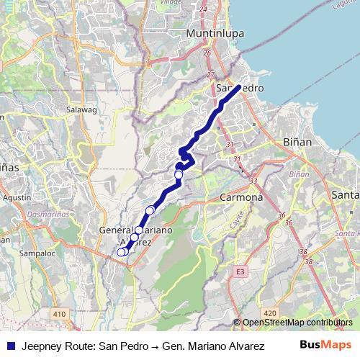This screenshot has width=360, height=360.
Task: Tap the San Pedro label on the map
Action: pyautogui.click(x=240, y=88)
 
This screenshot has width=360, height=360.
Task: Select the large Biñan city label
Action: pyautogui.click(x=298, y=142)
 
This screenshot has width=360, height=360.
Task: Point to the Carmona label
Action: pyautogui.click(x=240, y=196)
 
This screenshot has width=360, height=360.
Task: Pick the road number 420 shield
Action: pyautogui.click(x=270, y=313)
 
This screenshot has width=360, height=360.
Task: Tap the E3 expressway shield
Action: pyautogui.click(x=240, y=273)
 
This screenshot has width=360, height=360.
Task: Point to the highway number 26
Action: pyautogui.click(x=207, y=53)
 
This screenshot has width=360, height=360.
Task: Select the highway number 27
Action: pyautogui.click(x=211, y=74)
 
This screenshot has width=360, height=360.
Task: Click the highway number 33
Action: pyautogui.click(x=253, y=181)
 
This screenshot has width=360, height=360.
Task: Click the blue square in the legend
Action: pyautogui.click(x=8, y=346)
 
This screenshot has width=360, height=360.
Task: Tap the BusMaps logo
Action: pyautogui.click(x=328, y=345)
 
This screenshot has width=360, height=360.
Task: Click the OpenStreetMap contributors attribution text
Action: pyautogui.click(x=297, y=323)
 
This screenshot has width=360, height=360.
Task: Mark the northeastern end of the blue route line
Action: pyautogui.click(x=238, y=87)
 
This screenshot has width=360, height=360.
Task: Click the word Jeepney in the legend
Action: pyautogui.click(x=41, y=346)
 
